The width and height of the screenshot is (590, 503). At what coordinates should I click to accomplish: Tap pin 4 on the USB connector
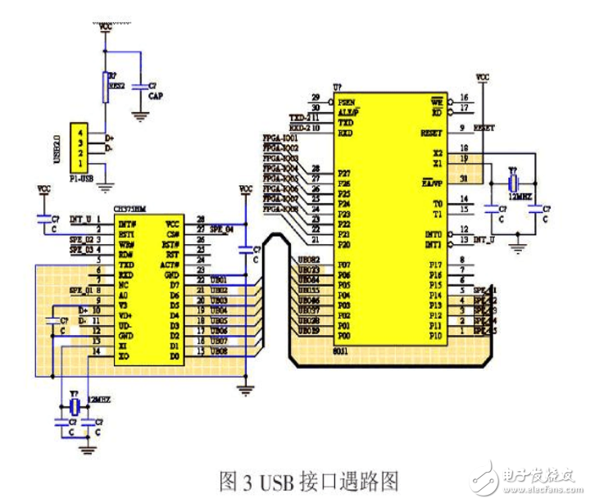pyautogui.click(x=79, y=132)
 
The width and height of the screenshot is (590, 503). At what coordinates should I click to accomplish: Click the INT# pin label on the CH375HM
pyautogui.click(x=128, y=221)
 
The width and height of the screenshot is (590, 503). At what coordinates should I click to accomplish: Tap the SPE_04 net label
pyautogui.click(x=222, y=229)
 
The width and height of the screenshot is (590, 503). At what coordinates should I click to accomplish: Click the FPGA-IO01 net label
pyautogui.click(x=279, y=138)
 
